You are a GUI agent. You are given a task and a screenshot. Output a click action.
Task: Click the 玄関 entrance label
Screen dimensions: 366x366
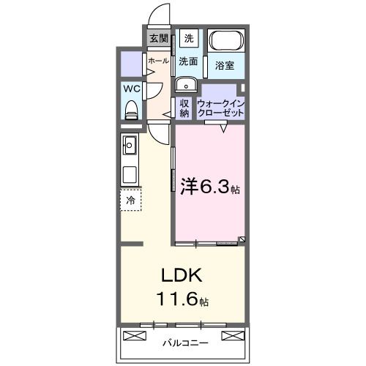[158, 39]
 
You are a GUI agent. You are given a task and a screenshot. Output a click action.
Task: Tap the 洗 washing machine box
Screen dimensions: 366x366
[189, 39]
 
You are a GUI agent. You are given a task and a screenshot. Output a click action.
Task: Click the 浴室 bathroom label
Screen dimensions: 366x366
[225, 66]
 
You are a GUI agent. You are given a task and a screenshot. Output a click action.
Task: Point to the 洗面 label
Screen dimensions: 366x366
[188, 61]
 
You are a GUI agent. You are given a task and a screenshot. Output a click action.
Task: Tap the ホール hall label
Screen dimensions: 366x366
[157, 61]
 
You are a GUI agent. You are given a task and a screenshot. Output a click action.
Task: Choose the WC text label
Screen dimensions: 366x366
[132, 88]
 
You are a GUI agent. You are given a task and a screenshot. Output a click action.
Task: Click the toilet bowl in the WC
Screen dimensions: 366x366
[132, 109]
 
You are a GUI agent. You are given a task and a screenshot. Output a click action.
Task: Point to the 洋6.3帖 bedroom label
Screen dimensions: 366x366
[209, 187]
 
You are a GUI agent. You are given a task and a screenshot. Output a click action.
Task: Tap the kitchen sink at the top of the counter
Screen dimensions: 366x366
[130, 146]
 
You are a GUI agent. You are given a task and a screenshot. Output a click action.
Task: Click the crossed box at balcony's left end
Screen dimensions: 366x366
[135, 335]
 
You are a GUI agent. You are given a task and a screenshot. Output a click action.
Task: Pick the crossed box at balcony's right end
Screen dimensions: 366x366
[232, 335]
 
